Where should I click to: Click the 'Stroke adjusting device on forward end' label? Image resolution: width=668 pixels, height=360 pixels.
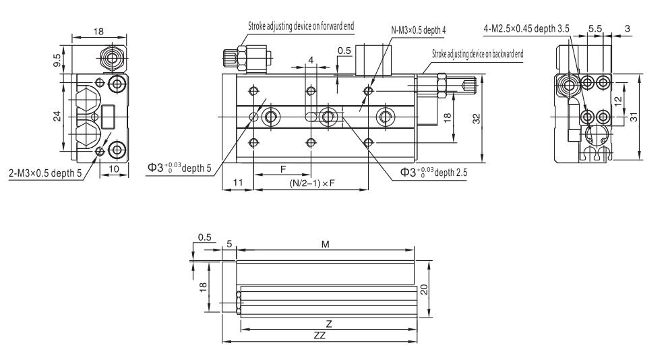(301, 26)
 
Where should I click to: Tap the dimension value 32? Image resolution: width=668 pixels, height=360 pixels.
(476, 117)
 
